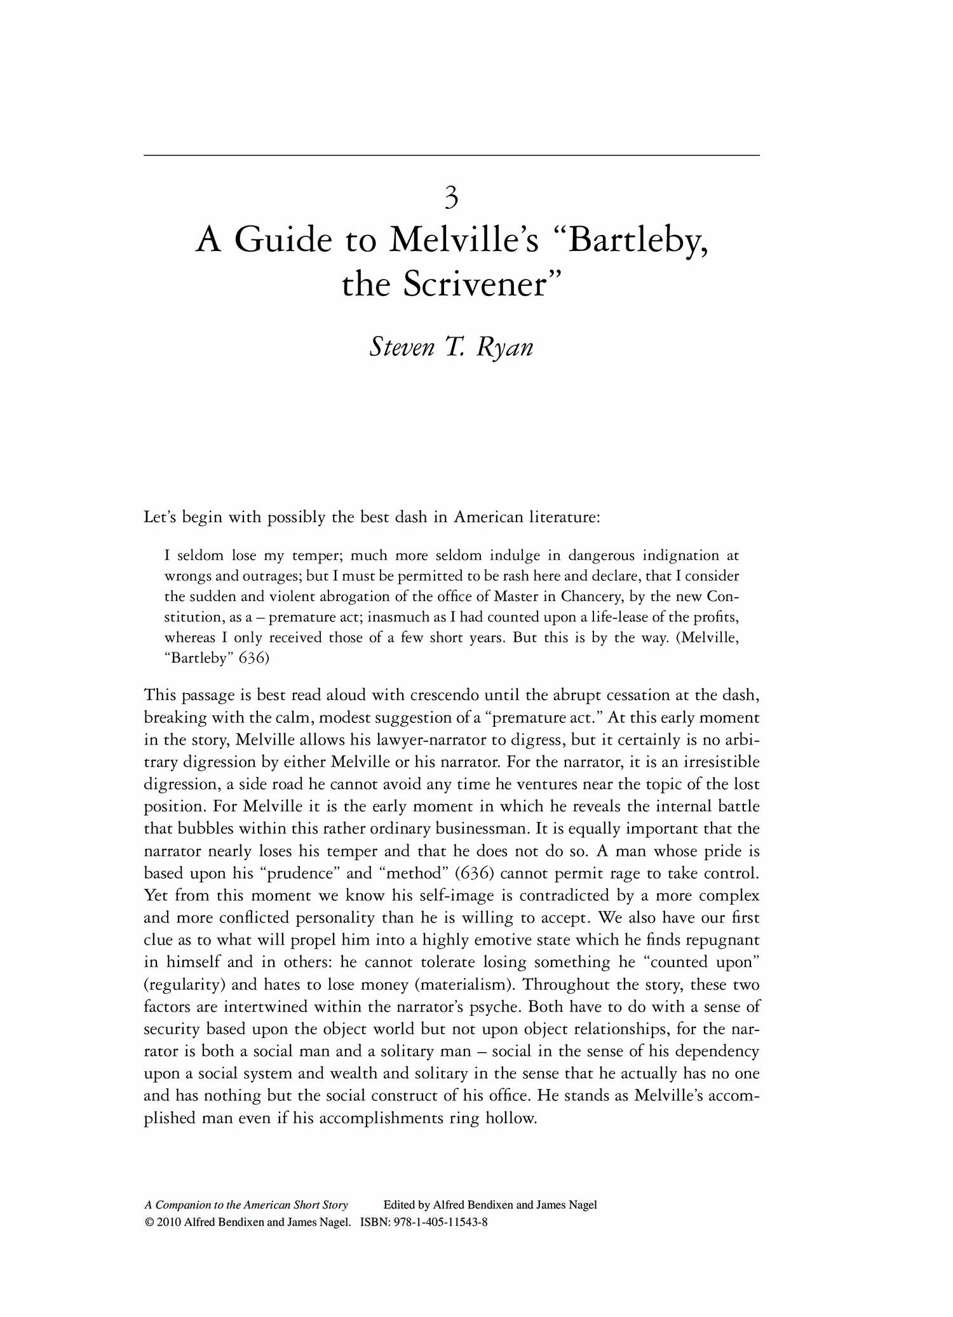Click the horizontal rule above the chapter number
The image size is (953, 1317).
452,155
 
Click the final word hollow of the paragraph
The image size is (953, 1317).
511,1118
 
